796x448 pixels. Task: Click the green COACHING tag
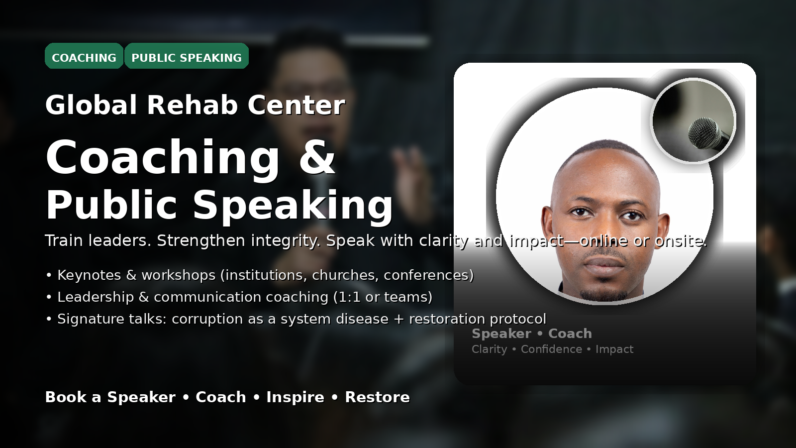click(84, 56)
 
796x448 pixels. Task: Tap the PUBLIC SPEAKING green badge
click(187, 56)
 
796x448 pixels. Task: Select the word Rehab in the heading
click(192, 105)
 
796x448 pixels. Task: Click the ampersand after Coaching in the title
click(317, 157)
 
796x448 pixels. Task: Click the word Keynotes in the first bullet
click(89, 275)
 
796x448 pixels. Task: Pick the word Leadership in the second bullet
click(96, 297)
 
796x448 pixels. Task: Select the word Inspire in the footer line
click(296, 397)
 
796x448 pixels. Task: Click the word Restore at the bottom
click(378, 397)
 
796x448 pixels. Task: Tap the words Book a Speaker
click(110, 397)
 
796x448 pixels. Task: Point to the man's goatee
click(604, 294)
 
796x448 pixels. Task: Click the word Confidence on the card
click(552, 349)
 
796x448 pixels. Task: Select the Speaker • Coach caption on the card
click(532, 334)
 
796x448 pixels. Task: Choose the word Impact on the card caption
click(614, 349)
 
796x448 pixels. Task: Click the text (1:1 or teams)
click(383, 297)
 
